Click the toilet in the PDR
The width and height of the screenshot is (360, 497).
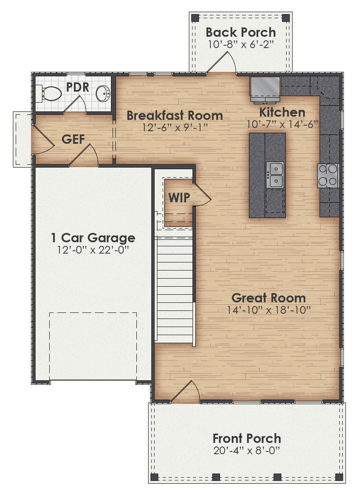click(51, 94)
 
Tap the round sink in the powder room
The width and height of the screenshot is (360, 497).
click(103, 94)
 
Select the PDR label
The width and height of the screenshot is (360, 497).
click(77, 87)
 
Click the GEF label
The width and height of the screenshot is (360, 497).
click(73, 139)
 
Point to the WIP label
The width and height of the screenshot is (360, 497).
click(179, 197)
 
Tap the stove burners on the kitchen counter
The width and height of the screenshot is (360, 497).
click(328, 176)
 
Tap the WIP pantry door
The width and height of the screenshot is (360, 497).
click(202, 195)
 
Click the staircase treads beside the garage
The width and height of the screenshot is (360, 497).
click(174, 291)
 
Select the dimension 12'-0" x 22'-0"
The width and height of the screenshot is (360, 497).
click(93, 250)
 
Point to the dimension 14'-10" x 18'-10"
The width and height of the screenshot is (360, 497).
click(268, 310)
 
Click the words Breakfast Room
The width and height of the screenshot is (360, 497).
click(174, 115)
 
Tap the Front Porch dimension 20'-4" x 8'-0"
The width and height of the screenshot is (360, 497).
click(247, 451)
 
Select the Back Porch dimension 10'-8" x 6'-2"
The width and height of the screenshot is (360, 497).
click(241, 44)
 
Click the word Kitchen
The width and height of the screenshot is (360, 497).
click(282, 112)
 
